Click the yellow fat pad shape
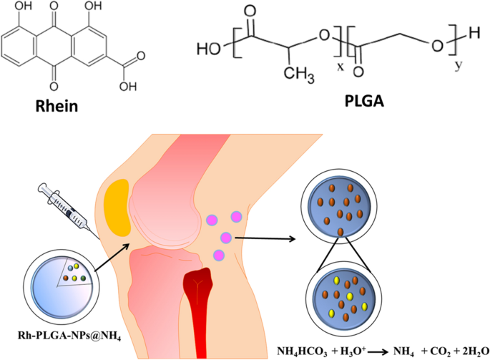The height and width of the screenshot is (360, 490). [x=117, y=208]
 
